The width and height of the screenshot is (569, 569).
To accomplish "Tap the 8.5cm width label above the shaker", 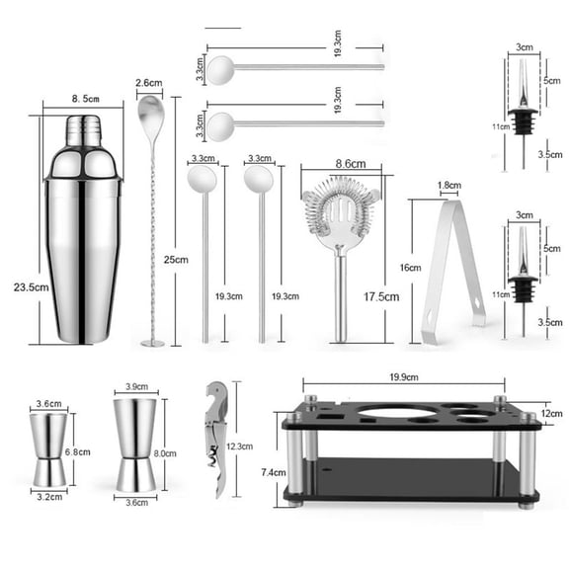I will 82,98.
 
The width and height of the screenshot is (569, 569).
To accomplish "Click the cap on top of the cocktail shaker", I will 83,128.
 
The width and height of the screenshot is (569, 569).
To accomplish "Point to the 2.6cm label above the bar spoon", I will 150,83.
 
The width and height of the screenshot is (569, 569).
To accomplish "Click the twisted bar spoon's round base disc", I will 153,343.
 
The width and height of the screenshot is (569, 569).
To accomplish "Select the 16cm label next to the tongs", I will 408,267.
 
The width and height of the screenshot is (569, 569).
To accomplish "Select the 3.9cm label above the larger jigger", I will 136,388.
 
